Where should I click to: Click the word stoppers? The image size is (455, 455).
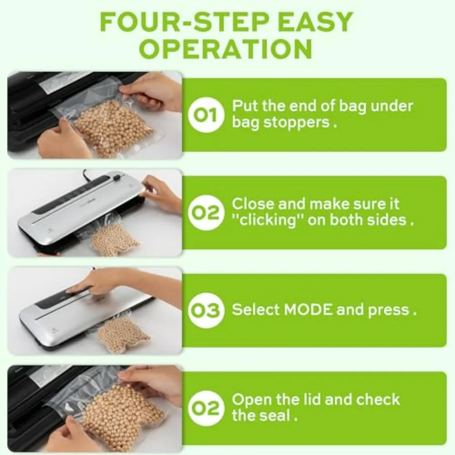click(299, 122)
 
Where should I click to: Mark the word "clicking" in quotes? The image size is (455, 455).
click(266, 220)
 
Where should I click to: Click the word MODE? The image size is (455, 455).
click(308, 310)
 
